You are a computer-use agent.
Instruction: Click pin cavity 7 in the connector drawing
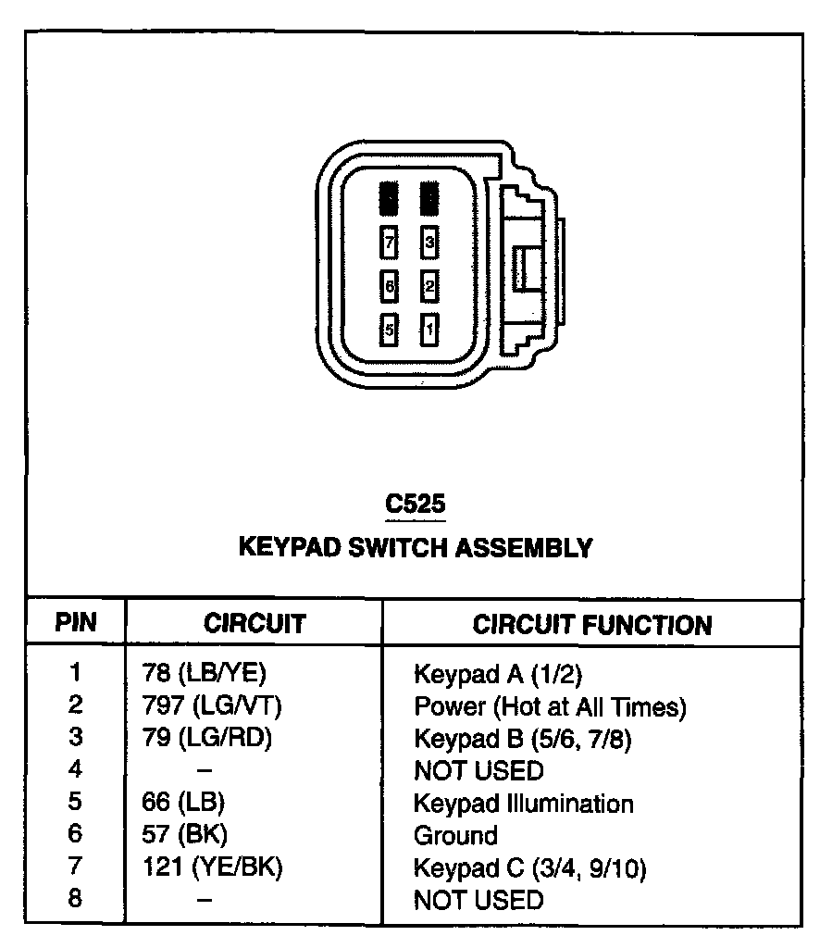[x=390, y=243]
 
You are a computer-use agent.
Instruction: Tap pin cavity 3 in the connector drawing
[x=429, y=243]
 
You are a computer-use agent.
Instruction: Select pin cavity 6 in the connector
[x=390, y=286]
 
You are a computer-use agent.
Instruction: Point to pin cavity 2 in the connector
[x=429, y=286]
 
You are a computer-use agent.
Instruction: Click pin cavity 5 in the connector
[x=390, y=329]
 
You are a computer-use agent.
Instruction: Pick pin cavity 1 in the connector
[x=429, y=329]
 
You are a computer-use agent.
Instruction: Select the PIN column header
[x=76, y=622]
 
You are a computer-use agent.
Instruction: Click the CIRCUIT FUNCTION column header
[x=592, y=624]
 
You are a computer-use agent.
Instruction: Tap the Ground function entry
[x=454, y=835]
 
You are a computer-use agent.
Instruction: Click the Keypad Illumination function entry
[x=523, y=803]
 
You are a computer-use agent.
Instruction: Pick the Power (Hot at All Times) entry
[x=550, y=707]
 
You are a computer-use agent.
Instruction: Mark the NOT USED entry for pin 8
[x=478, y=899]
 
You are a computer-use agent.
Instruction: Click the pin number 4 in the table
[x=76, y=769]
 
